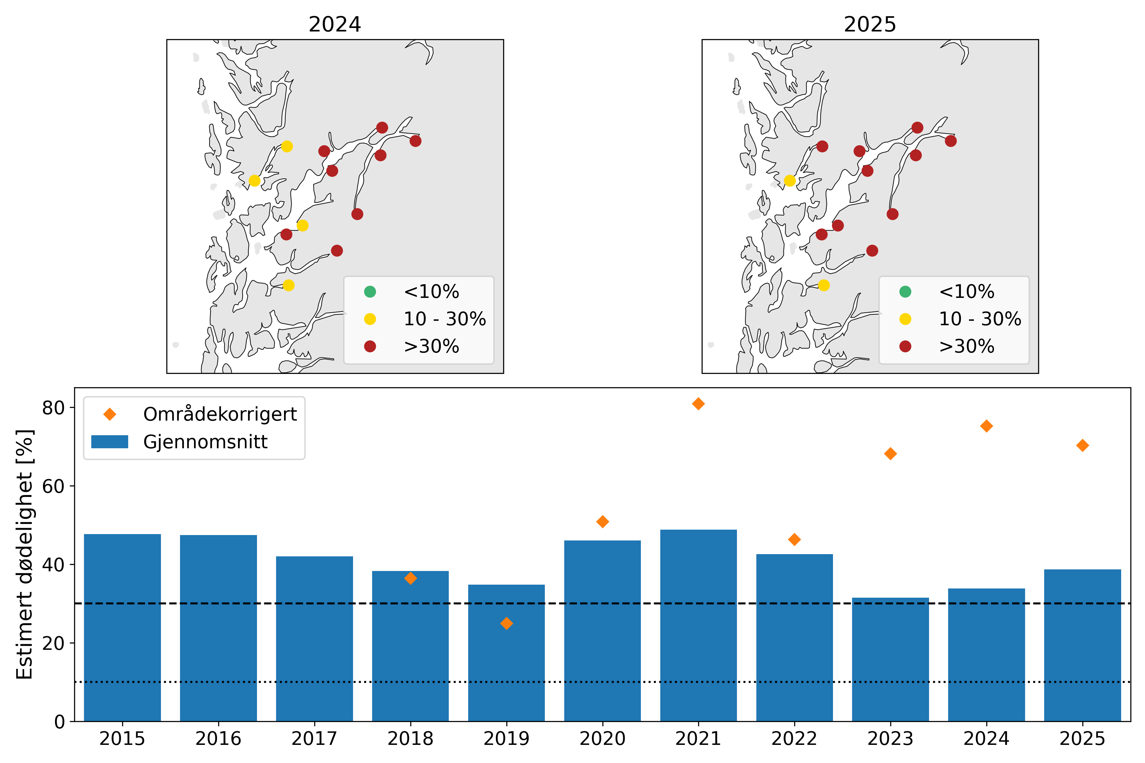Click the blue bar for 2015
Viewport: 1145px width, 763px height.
coord(122,628)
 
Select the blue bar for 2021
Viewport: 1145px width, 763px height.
coord(698,625)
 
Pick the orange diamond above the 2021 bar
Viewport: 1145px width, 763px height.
coord(698,404)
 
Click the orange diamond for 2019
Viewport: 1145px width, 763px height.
coord(506,623)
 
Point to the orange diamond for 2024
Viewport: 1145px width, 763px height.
coord(986,426)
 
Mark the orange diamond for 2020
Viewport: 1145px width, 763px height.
coord(602,522)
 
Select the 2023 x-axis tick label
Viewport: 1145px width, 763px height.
coord(890,739)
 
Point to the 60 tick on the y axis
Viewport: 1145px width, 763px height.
coord(53,486)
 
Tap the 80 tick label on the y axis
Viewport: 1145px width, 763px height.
coord(53,408)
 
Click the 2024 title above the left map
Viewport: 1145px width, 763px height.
coord(335,24)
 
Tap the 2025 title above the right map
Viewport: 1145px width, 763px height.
coord(870,24)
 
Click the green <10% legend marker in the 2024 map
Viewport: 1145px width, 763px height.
coord(370,292)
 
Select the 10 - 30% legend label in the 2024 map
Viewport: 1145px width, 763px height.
coord(444,319)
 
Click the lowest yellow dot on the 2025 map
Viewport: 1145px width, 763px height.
coord(824,285)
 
